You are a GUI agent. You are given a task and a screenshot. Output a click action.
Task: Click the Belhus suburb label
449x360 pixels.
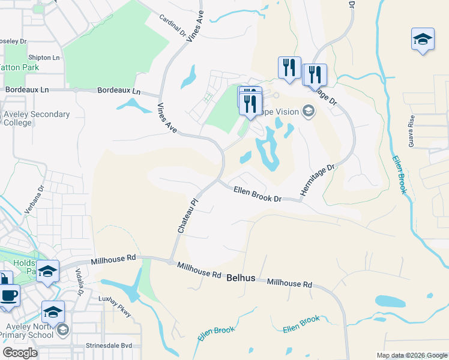coord(241,278)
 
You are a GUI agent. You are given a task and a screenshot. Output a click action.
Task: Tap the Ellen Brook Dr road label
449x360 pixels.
coord(257,193)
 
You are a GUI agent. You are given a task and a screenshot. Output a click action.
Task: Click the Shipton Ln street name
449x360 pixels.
coord(43,58)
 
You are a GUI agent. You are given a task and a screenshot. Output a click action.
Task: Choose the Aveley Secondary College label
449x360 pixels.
coord(36,118)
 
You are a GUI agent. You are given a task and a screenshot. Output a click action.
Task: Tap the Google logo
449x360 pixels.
coord(20,353)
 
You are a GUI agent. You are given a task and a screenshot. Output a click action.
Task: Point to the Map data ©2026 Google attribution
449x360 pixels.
coord(411,355)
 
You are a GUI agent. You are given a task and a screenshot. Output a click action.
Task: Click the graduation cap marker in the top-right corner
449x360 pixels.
coord(423,40)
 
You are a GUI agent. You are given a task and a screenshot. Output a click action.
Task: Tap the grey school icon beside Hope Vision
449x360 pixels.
coord(309,111)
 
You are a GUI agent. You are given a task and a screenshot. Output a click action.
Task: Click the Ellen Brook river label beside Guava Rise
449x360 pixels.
coord(400,175)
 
